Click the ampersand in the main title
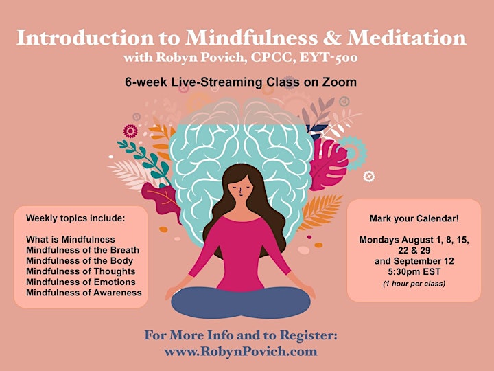(332, 38)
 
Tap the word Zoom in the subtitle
(340, 82)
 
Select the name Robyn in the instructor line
(169, 58)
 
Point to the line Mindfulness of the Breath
(82, 250)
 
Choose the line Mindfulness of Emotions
(81, 282)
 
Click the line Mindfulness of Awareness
(84, 293)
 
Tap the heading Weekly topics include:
(75, 218)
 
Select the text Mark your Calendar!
(414, 218)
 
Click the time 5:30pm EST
(414, 271)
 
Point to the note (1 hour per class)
(414, 284)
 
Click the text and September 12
(414, 261)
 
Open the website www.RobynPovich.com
(241, 352)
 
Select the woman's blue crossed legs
(241, 302)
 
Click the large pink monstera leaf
(328, 165)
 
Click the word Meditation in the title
(406, 38)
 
